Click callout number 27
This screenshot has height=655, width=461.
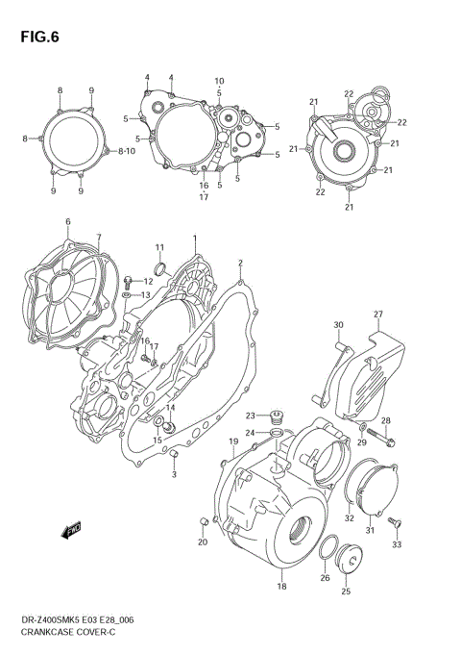coord(378,315)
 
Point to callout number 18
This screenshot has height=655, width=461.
coord(280,587)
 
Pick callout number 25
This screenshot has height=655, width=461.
coord(345,592)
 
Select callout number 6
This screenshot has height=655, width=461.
coord(67,222)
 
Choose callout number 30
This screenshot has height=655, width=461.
coord(338,324)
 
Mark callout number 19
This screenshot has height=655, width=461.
coord(232,441)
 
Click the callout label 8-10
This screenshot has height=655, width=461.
coord(127,152)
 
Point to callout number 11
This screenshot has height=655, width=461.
coord(159,248)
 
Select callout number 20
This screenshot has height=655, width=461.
coord(202,542)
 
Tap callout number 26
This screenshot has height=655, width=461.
coord(324,578)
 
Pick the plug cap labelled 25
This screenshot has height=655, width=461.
coord(346,562)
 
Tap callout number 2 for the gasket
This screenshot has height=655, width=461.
coord(240,262)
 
